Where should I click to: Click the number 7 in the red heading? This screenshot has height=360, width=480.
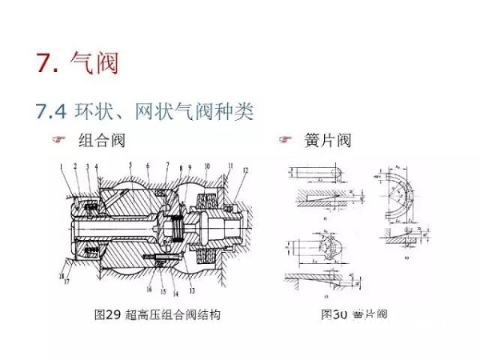45,62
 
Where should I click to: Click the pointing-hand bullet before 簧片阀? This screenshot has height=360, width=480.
283,141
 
